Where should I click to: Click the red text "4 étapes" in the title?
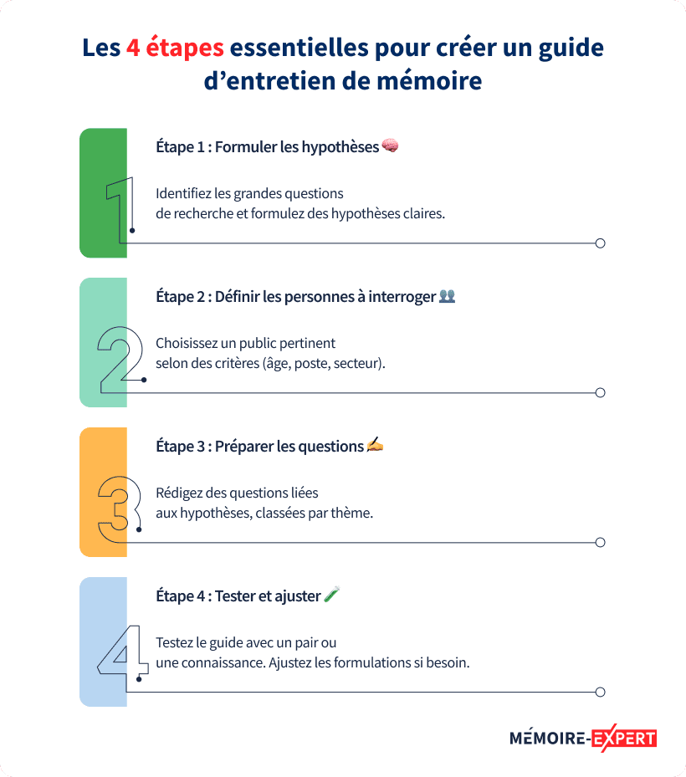pos(175,49)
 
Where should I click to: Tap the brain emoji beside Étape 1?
pos(390,146)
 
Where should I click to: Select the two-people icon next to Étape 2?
pos(447,296)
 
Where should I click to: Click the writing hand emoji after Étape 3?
pos(375,444)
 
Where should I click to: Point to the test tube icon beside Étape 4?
pos(331,594)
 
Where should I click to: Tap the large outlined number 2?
pos(120,360)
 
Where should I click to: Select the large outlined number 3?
pos(120,509)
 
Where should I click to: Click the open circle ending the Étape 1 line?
pos(601,243)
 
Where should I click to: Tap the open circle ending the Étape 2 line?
pos(601,393)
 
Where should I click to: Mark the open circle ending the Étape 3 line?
pos(601,543)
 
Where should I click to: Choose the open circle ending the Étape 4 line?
pos(601,693)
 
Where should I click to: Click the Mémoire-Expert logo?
pos(583,739)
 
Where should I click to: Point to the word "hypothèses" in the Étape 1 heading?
pos(340,148)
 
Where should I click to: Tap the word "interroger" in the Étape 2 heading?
pos(402,297)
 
